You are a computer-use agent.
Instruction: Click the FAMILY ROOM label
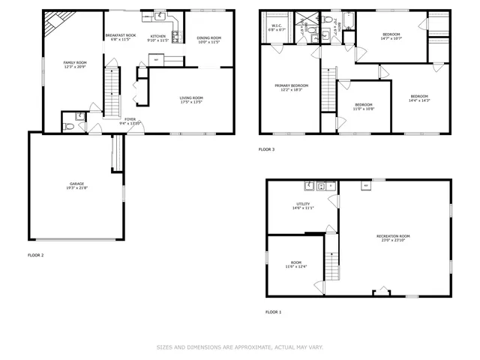(73, 62)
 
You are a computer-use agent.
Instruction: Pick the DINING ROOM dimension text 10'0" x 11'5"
(209, 42)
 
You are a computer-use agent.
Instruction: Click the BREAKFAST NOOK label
(121, 36)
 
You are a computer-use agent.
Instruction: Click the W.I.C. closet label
(275, 26)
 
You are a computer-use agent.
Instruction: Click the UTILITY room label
(303, 203)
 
